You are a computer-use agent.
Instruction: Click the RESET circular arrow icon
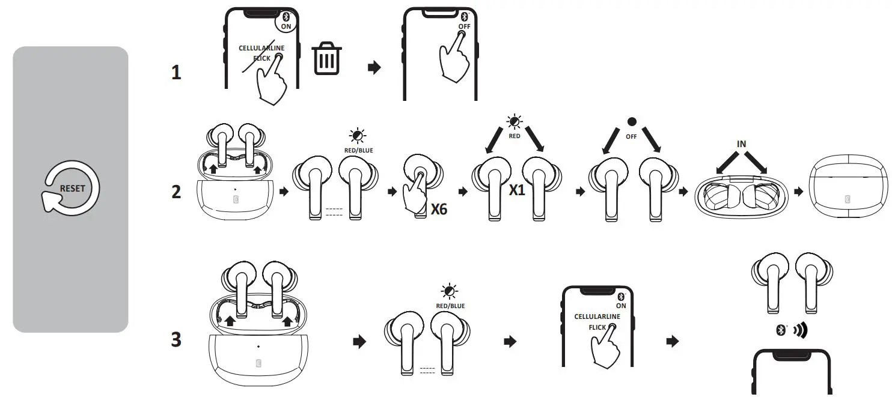tap(71, 188)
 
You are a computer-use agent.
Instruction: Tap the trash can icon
tap(328, 59)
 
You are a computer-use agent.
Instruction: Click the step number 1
tap(176, 73)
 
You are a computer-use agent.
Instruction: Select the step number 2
tap(176, 192)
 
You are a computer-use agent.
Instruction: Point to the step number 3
tap(176, 340)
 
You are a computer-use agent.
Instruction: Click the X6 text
tap(439, 210)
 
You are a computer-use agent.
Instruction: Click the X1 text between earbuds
tap(517, 190)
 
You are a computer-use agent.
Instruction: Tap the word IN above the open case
tap(741, 145)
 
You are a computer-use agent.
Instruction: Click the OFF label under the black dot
tap(631, 136)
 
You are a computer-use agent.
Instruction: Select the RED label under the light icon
tap(514, 136)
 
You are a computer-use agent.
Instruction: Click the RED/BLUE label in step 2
tap(359, 150)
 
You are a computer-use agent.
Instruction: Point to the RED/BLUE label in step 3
tap(450, 306)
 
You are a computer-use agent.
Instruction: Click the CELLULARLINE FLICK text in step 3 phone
tap(597, 321)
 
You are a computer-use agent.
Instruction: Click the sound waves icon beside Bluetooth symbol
tap(799, 330)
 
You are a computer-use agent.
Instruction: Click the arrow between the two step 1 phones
tap(374, 68)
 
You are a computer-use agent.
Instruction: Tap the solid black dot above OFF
tap(631, 122)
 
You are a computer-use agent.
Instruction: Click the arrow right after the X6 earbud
tap(463, 192)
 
